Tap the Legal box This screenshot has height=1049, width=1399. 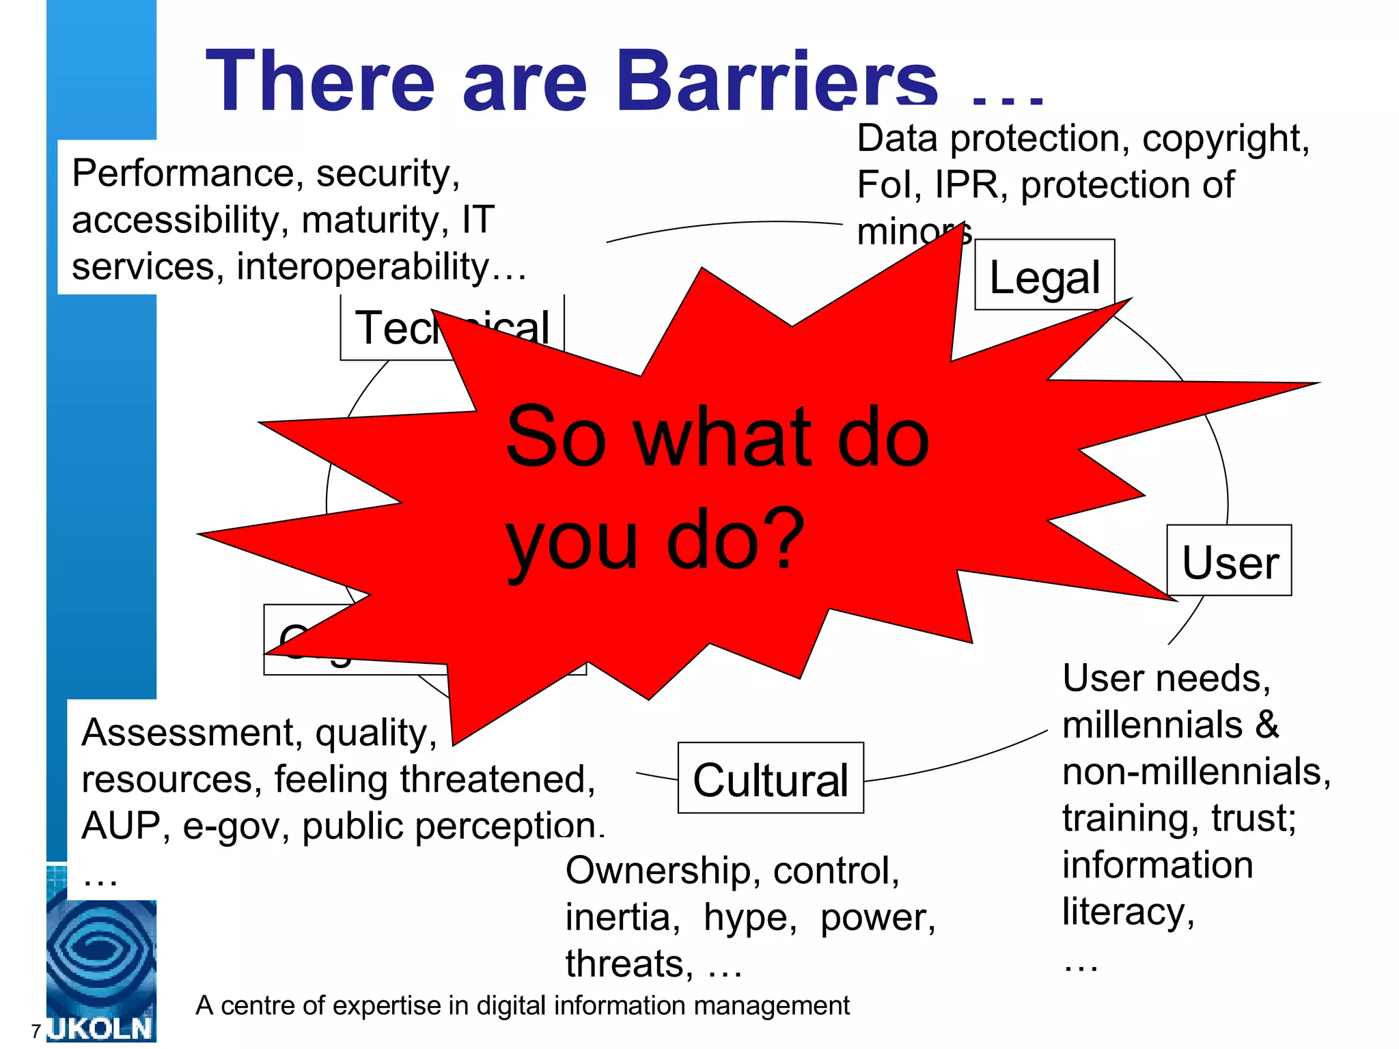(x=1044, y=276)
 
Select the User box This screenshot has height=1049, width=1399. (x=1230, y=561)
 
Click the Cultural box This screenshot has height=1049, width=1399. (x=771, y=779)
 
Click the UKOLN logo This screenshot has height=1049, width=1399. (x=101, y=970)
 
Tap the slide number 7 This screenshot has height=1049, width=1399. (x=36, y=1031)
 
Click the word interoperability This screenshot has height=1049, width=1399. (x=362, y=266)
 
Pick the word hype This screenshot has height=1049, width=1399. (x=749, y=918)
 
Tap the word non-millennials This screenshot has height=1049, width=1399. (x=1196, y=772)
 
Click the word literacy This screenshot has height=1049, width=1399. (x=1127, y=912)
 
